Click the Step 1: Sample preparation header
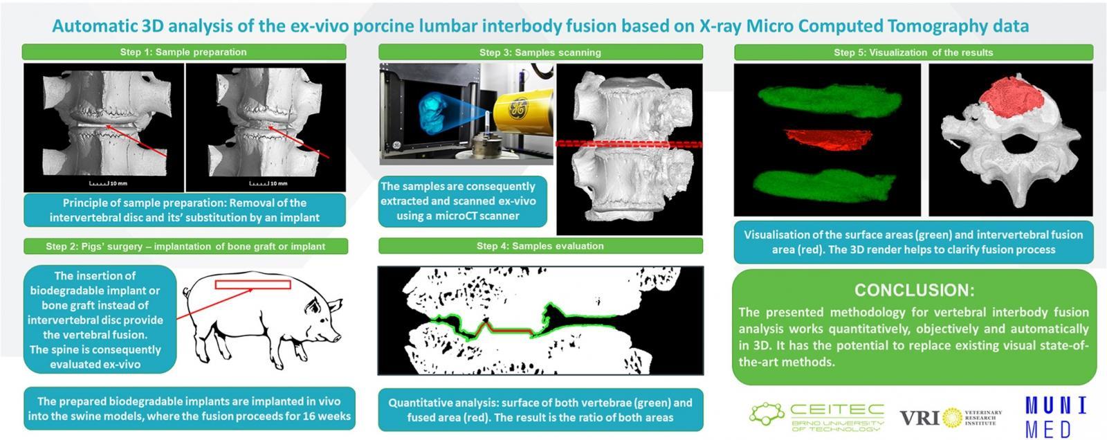183,52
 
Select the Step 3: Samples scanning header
540,52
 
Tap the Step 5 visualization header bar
913,52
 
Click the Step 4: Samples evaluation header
540,246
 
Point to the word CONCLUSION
914,290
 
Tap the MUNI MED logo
1056,416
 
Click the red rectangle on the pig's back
253,284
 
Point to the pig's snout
336,338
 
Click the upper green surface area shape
830,101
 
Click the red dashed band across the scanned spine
629,144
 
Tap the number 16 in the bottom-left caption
311,416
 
